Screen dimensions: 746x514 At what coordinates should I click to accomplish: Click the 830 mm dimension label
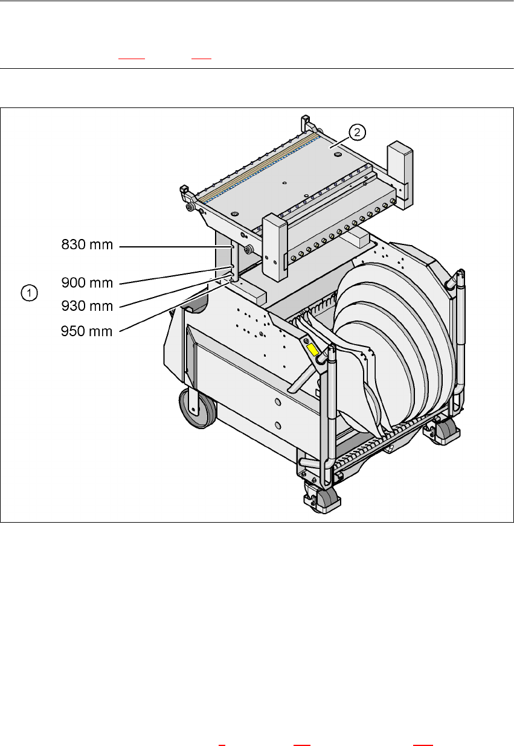click(87, 246)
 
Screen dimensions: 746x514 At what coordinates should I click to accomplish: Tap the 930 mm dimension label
click(87, 306)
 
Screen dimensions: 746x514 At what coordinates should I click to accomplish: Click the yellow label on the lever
click(314, 349)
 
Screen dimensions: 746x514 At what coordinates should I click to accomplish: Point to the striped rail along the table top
click(260, 167)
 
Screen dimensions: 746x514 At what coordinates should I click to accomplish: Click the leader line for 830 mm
click(175, 246)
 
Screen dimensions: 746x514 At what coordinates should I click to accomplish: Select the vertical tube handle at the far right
click(461, 338)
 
